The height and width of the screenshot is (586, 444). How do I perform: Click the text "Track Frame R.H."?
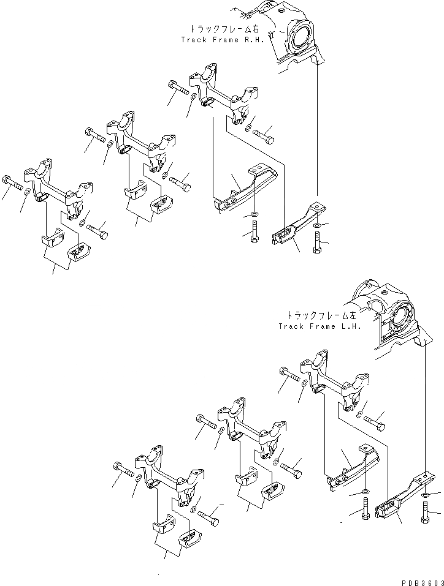(x=221, y=40)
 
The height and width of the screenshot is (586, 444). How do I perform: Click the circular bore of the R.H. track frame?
(x=302, y=40)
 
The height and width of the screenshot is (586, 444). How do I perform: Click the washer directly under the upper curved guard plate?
(x=253, y=215)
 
